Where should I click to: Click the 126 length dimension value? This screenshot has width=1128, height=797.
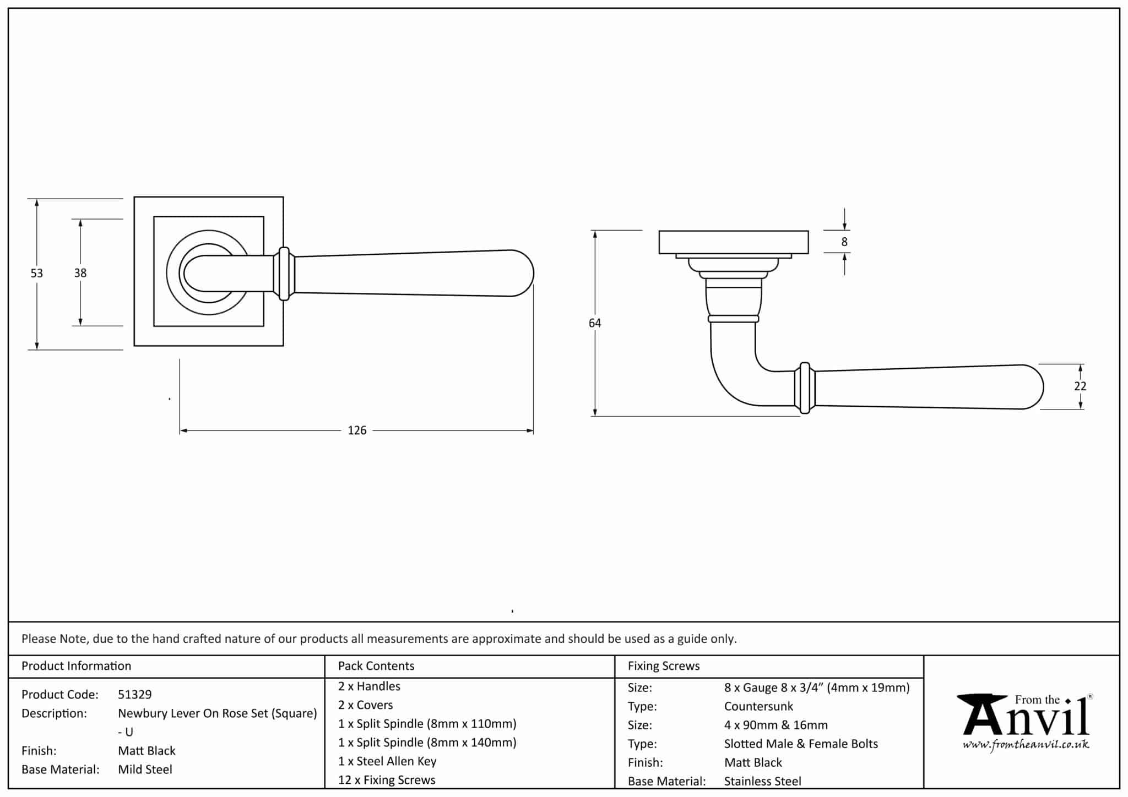[357, 430]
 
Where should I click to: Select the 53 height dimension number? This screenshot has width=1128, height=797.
[36, 273]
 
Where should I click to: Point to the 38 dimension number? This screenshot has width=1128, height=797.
[80, 273]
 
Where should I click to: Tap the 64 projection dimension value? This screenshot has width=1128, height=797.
[595, 323]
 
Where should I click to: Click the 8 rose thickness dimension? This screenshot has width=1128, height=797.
[844, 242]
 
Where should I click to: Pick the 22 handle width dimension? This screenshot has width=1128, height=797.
[1080, 386]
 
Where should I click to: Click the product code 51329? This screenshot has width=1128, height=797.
[135, 695]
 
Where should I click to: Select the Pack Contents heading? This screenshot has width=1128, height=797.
[376, 666]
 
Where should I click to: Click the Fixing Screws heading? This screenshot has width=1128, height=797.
[664, 666]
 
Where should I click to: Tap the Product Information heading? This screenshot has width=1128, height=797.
[77, 666]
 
